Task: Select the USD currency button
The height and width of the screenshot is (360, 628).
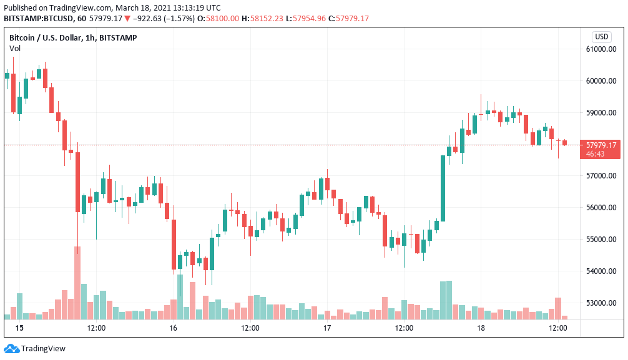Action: [x=602, y=37]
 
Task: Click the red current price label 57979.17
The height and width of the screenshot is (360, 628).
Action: [x=602, y=145]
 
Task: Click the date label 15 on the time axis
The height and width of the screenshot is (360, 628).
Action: [x=19, y=328]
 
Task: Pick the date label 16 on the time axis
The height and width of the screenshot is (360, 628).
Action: [x=173, y=328]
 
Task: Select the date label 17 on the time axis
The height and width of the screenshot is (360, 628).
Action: [x=326, y=328]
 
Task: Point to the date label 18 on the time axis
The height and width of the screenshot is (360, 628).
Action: [x=481, y=328]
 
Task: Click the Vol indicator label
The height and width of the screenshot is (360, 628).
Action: [x=15, y=48]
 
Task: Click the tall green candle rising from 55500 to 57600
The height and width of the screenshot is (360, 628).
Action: [x=443, y=188]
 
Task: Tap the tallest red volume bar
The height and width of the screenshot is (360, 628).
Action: [x=77, y=283]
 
